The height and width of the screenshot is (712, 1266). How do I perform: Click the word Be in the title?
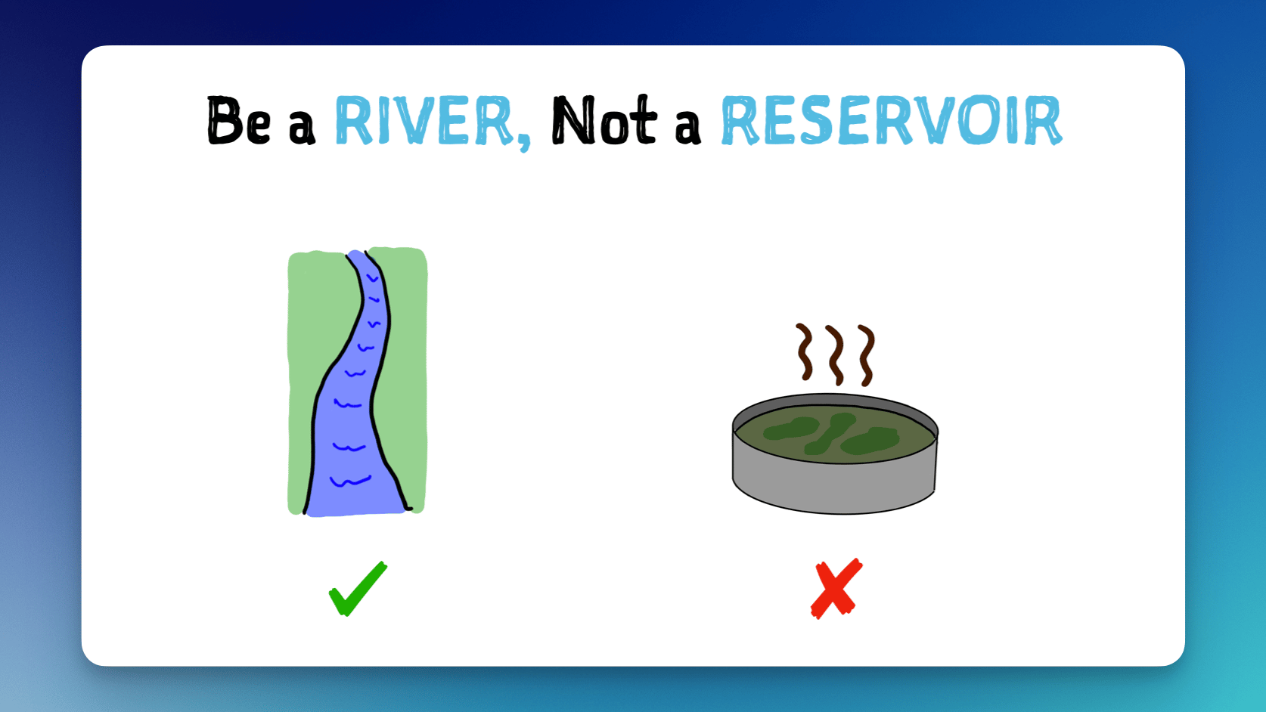238,120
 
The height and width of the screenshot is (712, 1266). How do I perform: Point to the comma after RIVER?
524,141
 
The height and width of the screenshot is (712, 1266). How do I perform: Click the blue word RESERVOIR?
892,120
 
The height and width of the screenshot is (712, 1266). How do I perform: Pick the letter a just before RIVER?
302,128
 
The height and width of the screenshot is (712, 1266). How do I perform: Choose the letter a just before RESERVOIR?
688,128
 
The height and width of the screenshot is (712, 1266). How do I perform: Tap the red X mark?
836,588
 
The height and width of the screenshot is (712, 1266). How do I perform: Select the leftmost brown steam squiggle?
805,351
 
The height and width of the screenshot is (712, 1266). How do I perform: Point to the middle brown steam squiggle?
836,354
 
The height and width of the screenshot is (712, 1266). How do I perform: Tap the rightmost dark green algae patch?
870,441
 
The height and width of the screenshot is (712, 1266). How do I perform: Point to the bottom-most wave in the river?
350,481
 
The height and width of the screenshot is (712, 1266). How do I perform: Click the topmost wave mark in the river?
372,278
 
